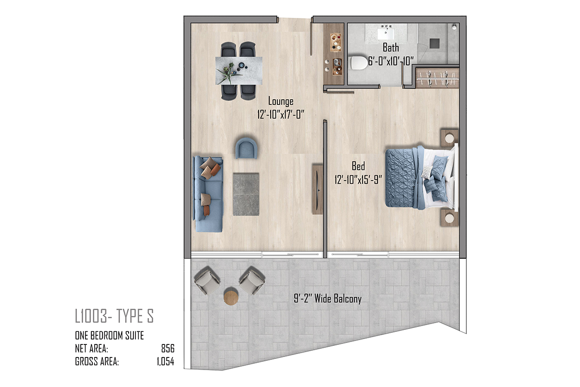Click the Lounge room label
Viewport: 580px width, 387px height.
click(281, 101)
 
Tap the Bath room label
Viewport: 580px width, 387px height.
click(391, 48)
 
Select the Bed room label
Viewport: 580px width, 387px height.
click(358, 166)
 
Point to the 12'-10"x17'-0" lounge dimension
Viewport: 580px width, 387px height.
click(281, 114)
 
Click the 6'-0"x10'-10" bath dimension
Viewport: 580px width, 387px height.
click(391, 61)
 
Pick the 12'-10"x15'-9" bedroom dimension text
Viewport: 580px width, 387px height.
click(358, 179)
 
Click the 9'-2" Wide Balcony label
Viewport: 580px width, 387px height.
click(328, 298)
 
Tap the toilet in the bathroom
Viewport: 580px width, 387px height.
click(359, 63)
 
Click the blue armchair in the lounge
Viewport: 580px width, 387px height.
click(246, 148)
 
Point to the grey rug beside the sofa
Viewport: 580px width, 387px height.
click(246, 194)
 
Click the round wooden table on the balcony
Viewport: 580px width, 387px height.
click(231, 296)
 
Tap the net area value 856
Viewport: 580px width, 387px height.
click(168, 349)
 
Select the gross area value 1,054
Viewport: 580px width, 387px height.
click(165, 361)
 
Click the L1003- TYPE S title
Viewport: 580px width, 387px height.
click(114, 316)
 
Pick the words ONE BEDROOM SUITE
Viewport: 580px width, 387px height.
click(109, 335)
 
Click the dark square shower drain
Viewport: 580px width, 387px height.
click(435, 44)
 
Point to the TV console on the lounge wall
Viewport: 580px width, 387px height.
click(318, 189)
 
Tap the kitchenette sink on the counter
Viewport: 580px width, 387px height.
click(337, 62)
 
